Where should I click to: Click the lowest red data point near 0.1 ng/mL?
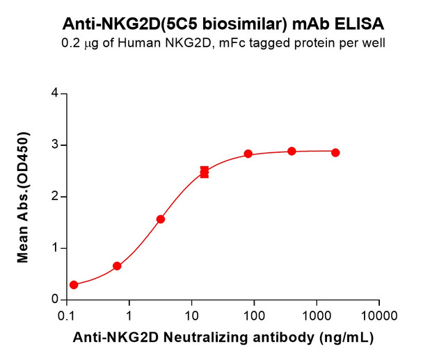coord(74,285)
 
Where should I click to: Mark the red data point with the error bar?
coord(205,172)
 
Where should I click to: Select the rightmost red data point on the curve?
coord(335,152)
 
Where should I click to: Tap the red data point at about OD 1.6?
coord(161,219)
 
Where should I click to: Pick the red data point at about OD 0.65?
coord(117,266)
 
